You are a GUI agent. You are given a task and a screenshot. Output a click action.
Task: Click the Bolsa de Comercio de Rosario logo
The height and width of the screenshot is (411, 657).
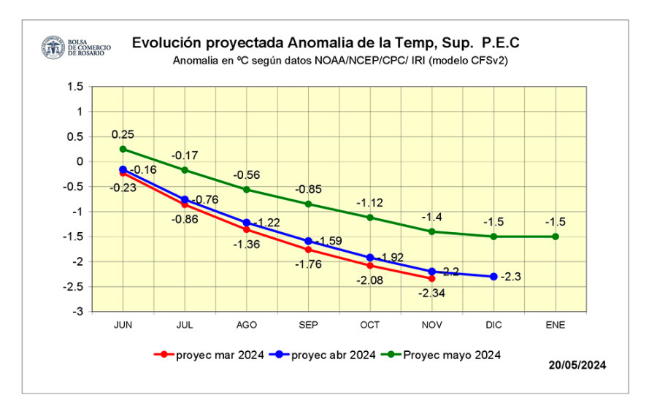pos(53,48)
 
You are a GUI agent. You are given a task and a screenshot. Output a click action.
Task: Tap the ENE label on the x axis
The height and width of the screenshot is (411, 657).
pos(556,323)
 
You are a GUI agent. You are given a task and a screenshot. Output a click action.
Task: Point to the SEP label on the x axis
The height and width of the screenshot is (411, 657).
pos(308,323)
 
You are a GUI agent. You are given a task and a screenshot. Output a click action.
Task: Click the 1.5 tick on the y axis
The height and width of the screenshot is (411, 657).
pos(75,86)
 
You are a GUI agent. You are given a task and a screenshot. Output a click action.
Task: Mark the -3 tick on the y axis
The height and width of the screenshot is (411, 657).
pos(78,312)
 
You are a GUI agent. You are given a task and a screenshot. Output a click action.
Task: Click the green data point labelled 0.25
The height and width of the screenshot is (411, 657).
pos(123,149)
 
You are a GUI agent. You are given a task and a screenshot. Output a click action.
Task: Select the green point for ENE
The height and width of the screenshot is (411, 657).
pos(556,236)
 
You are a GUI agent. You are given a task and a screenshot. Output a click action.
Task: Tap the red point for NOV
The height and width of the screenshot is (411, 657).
pos(432,278)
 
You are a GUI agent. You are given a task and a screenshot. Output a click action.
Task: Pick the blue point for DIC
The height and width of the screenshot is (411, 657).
pos(493,276)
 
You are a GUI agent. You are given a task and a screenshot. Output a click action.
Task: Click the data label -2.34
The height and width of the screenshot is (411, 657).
pos(432,293)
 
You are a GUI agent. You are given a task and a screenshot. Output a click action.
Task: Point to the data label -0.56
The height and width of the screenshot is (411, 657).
pos(247,175)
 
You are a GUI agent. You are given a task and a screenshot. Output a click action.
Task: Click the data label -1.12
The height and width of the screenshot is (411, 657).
pos(370,202)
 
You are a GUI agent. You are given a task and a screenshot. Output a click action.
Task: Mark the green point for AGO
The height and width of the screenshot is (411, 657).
pos(247,189)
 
